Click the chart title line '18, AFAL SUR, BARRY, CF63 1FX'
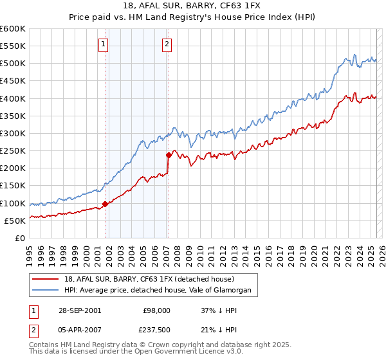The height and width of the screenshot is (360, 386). tap(192, 7)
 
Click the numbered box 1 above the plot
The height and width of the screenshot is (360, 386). tap(104, 44)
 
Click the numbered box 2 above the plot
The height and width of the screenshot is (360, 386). tap(167, 44)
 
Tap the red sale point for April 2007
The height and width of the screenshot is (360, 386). tap(169, 155)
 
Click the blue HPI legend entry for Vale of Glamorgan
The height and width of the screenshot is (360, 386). tap(161, 291)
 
